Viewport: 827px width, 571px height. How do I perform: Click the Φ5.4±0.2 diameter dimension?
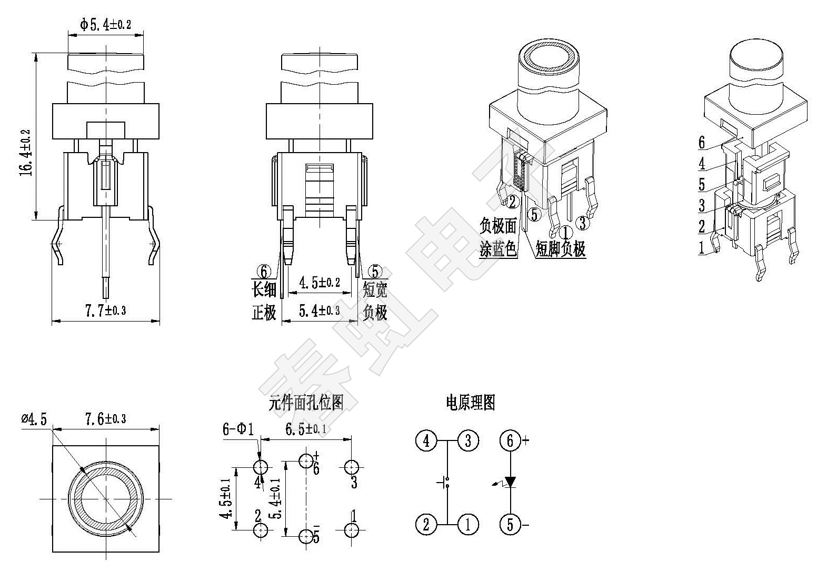[105, 24]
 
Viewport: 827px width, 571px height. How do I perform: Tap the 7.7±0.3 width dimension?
[105, 310]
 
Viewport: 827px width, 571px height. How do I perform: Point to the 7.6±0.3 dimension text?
[105, 419]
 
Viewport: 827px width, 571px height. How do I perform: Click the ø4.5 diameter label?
[34, 419]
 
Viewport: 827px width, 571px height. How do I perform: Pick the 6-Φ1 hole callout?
[238, 430]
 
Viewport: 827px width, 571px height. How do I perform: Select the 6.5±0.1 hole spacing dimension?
[305, 429]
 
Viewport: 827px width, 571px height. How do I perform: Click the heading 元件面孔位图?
[306, 403]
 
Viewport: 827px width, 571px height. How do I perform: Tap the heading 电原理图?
[470, 403]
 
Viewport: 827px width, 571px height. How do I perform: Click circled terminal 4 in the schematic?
[426, 440]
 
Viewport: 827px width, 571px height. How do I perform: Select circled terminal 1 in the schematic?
[468, 524]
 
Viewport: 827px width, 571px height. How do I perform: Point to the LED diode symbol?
[510, 482]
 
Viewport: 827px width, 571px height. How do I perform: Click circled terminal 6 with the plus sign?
[510, 440]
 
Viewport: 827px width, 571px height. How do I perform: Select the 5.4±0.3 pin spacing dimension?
[319, 311]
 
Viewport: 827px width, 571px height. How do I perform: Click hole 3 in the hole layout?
[352, 466]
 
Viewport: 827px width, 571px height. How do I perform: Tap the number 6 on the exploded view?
[701, 142]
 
